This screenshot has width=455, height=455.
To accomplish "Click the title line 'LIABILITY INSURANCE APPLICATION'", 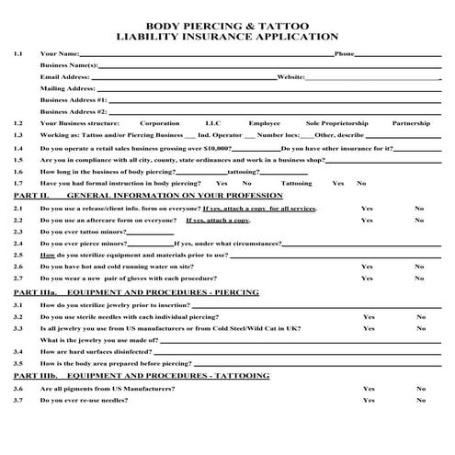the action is pyautogui.click(x=227, y=37).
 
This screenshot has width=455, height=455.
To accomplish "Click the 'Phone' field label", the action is pyautogui.click(x=344, y=54).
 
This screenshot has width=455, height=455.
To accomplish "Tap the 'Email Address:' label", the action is pyautogui.click(x=64, y=77).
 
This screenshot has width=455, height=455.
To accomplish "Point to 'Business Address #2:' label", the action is pyautogui.click(x=74, y=111).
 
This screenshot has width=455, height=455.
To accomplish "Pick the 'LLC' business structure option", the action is pyautogui.click(x=213, y=123).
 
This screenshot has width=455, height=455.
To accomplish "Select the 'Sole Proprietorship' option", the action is pyautogui.click(x=337, y=123).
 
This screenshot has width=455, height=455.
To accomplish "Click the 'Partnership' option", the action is pyautogui.click(x=411, y=123).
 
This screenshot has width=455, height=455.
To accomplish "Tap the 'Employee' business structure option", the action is pyautogui.click(x=264, y=123).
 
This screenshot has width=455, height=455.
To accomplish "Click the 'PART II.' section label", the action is pyautogui.click(x=31, y=196).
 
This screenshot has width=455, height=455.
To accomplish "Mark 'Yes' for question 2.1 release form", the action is pyautogui.click(x=367, y=209).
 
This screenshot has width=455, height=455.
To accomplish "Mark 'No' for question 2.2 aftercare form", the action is pyautogui.click(x=419, y=221).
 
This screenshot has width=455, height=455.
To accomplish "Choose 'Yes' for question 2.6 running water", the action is pyautogui.click(x=367, y=266).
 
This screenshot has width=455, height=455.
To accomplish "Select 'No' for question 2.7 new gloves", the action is pyautogui.click(x=419, y=278).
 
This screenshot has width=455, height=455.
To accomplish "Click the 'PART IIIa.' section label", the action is pyautogui.click(x=35, y=291).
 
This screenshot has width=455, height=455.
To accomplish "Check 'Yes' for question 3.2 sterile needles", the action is pyautogui.click(x=369, y=316).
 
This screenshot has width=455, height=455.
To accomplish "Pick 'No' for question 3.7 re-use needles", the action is pyautogui.click(x=421, y=401).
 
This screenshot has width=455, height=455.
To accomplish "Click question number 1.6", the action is pyautogui.click(x=18, y=171).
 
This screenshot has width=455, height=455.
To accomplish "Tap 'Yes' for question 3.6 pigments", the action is pyautogui.click(x=369, y=389).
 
